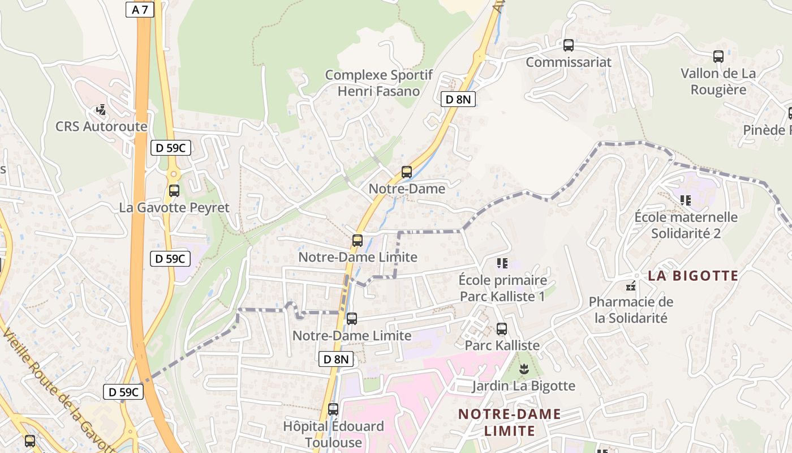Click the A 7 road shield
coord(140,10)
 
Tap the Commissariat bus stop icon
coord(569,45)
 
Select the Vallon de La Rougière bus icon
coord(718,56)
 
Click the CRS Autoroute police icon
coord(101,109)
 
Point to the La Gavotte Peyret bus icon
coord(174,191)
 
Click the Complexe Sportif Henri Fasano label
coord(378,83)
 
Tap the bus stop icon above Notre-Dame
coord(406,172)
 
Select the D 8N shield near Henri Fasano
coord(458,100)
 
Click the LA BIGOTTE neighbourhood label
coord(693,276)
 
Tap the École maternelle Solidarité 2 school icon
coord(686,200)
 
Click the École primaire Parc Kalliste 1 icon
coord(502,263)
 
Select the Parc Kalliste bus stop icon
coord(501,328)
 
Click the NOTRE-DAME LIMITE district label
coord(509,422)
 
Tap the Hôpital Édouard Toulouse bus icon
coord(333,409)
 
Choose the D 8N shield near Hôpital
coord(336,358)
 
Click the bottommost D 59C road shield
coord(123,392)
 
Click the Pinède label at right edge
coord(767,130)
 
